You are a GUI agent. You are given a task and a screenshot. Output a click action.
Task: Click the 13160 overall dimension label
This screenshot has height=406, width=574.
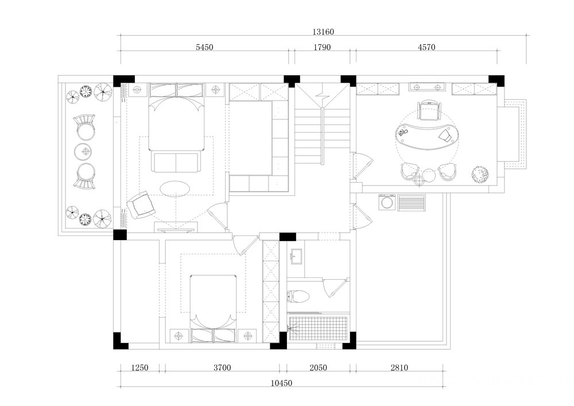(x=323, y=32)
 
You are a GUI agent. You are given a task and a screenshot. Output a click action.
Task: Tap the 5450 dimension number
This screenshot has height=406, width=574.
(x=204, y=47)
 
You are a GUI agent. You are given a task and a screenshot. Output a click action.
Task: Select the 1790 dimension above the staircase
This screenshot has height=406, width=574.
(x=322, y=47)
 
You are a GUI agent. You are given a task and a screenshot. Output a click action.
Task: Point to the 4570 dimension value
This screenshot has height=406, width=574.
(x=426, y=47)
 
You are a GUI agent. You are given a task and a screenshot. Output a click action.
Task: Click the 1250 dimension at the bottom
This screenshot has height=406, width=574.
(x=140, y=368)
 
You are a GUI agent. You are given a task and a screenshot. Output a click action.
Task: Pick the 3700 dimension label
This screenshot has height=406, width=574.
(x=222, y=368)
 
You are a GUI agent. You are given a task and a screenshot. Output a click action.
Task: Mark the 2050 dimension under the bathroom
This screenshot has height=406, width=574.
(x=318, y=368)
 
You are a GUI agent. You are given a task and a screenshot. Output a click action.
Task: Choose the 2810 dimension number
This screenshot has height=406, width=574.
(x=399, y=368)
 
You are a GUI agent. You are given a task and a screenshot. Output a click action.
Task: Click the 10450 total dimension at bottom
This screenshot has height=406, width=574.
(x=281, y=383)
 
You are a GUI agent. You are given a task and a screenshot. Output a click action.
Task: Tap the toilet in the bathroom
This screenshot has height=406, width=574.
(x=298, y=296)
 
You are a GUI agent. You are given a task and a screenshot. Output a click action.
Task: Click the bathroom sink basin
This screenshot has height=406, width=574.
(x=296, y=256)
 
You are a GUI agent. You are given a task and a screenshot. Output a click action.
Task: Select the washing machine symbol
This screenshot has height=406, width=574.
(x=386, y=202)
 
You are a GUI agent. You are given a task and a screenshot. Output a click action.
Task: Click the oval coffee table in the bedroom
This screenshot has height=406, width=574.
(x=175, y=189)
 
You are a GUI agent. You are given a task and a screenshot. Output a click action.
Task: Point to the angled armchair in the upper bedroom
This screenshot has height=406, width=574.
(x=141, y=206)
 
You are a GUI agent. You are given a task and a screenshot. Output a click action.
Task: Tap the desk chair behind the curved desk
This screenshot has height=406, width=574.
(x=429, y=110)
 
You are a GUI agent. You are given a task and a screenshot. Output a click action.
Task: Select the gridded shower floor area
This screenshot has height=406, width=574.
(x=318, y=328)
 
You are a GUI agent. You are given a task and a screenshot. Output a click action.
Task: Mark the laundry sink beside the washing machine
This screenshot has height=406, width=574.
(x=412, y=203)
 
